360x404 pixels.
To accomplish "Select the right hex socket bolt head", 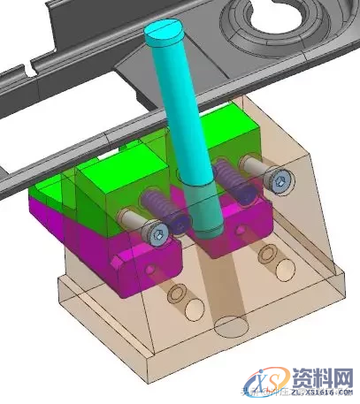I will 280,182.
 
